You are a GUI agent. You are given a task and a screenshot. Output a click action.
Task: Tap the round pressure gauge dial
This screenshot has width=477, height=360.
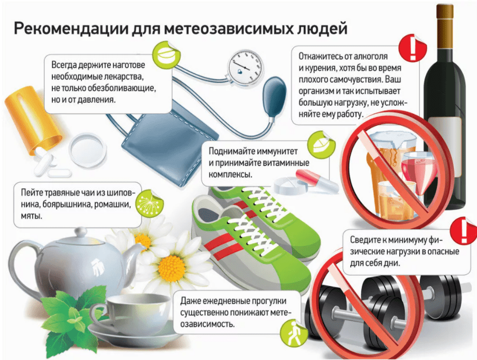(x=246, y=67)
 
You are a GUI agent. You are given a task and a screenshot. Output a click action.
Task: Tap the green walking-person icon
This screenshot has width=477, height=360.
(x=293, y=334)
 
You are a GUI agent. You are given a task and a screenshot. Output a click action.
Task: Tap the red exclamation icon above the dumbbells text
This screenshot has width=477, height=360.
(x=464, y=231)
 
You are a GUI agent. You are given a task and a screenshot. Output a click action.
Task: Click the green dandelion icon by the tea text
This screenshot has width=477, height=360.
(x=149, y=204)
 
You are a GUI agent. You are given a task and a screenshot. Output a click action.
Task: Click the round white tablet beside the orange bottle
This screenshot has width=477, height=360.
(x=88, y=150)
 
